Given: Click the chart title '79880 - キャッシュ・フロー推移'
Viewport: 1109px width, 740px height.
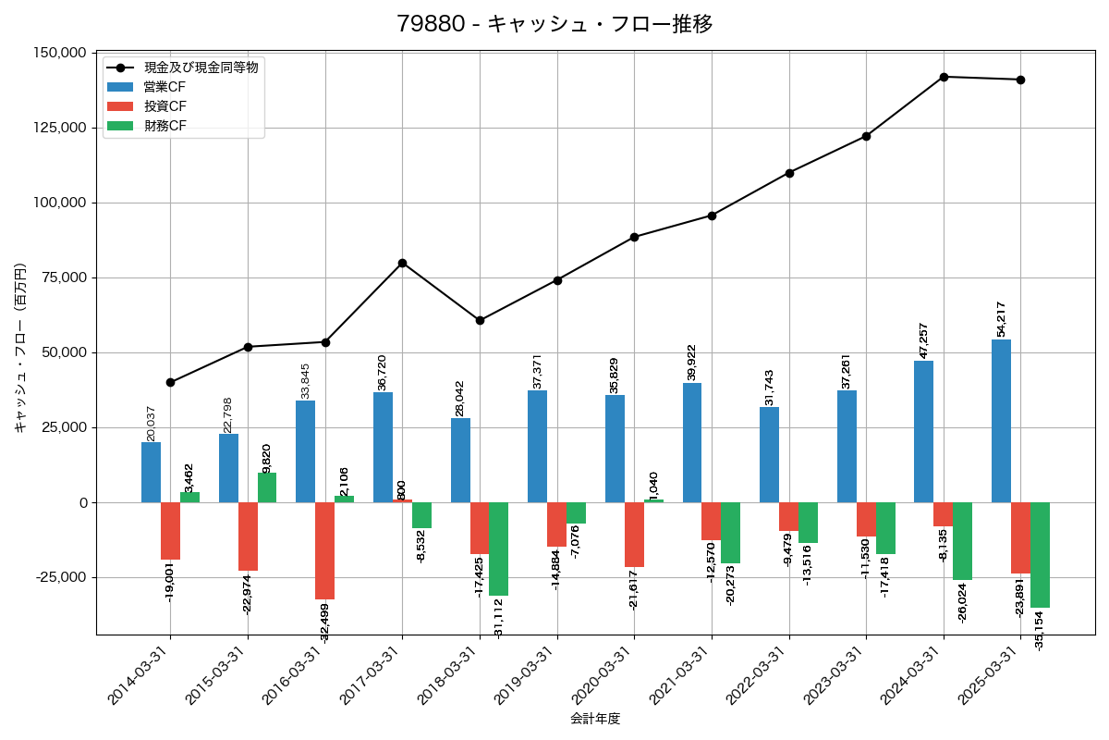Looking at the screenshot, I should pos(554,24).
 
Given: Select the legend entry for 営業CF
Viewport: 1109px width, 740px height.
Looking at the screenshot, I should pos(165,87).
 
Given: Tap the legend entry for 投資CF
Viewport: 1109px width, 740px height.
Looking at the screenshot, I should pos(165,106).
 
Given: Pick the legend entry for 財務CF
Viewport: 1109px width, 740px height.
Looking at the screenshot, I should pos(165,126).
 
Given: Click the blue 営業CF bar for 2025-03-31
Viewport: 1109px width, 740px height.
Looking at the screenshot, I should pos(1001,421).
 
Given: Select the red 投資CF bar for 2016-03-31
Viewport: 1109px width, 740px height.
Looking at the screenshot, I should pos(324,550).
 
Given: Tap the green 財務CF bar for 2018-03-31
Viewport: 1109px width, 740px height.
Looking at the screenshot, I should pos(499,549).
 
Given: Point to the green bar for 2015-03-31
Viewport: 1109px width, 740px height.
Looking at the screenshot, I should pos(267,487).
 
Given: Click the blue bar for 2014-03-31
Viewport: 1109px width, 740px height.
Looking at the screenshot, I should pos(151,472).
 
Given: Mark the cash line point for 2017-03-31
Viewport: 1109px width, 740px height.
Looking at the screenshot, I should pos(402,263).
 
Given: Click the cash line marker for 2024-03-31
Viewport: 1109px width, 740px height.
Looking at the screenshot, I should pos(944,77).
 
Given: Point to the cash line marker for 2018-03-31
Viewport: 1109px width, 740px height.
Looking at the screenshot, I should pos(480,320).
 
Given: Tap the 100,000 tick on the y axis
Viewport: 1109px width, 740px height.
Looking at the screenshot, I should pos(61,203).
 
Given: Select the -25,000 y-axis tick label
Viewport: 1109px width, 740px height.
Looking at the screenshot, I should pos(61,577).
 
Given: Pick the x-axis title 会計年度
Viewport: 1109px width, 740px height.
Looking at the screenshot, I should pos(595,719).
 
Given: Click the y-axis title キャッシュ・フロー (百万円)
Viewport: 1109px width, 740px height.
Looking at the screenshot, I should pos(20,349).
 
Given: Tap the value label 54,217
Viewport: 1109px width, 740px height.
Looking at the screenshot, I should pos(1001,319).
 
